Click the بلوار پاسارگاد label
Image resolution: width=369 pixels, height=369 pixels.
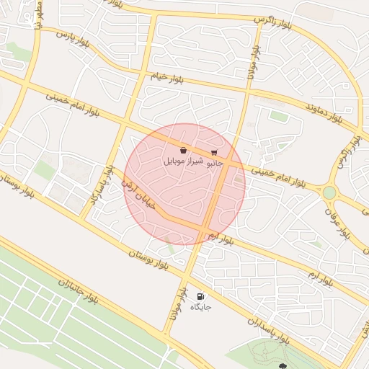tap(101, 184)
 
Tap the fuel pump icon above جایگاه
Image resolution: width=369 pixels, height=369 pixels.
tap(200, 296)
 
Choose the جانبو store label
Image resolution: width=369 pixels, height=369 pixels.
tap(215, 164)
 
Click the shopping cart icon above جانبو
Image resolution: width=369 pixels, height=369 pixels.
tap(214, 152)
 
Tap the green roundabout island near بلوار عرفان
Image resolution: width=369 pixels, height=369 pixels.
tap(329, 192)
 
